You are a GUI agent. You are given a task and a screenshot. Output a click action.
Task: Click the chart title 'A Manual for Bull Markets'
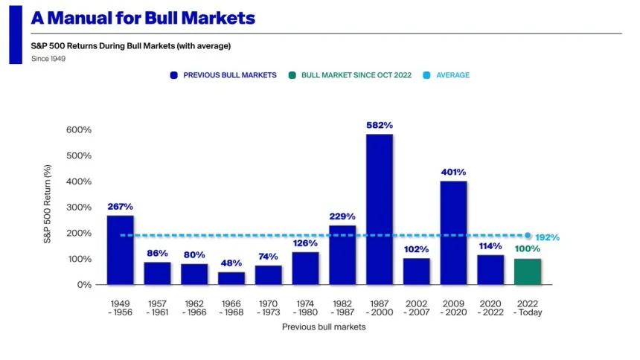coord(143,18)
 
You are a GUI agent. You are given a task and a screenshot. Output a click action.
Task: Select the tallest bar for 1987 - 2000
coord(379,209)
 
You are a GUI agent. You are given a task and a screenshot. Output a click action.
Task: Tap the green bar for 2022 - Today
coord(527,271)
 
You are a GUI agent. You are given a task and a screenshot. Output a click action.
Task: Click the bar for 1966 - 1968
coord(231,278)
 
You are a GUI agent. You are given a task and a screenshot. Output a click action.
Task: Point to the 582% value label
coord(379,126)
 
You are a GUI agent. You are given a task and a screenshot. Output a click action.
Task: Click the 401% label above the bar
coord(453,173)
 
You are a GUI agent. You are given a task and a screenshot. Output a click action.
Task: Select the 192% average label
coord(547,238)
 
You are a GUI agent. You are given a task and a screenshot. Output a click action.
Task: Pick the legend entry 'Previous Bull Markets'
coord(223,75)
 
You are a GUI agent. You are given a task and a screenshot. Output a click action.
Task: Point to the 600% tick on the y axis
coord(78,129)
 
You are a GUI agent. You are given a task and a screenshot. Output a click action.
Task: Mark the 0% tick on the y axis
coord(84,285)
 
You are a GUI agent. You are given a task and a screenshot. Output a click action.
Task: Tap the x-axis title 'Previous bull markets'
coord(324,327)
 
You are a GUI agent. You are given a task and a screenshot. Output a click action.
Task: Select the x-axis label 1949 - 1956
coord(120,308)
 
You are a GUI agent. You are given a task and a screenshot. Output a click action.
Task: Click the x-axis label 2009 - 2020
coord(453,308)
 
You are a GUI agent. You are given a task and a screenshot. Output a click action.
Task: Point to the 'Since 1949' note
coord(48,59)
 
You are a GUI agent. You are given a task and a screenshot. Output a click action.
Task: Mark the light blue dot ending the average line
coord(528,235)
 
